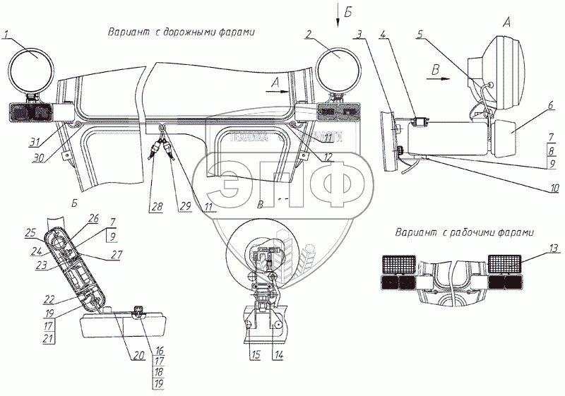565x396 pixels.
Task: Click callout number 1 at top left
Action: pos(6,34)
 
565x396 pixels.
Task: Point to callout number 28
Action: pos(155,207)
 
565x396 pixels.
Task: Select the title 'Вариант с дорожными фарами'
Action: pos(181,32)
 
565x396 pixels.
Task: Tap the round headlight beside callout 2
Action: pos(338,56)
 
